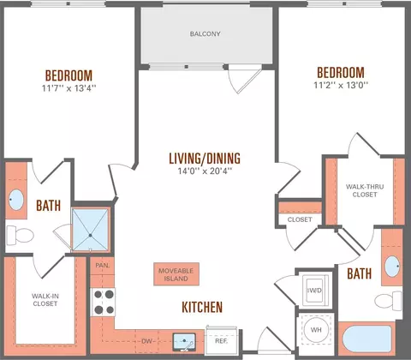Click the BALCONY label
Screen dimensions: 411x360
[205, 34]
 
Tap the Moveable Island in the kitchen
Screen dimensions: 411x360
[176, 274]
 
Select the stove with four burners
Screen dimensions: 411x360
[103, 302]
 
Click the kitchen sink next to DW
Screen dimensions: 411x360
[184, 342]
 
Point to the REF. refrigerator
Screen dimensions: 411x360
[221, 339]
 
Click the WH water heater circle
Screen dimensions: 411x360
[316, 330]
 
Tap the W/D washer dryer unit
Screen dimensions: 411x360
[315, 291]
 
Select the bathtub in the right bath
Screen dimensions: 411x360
[366, 339]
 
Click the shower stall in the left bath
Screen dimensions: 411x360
[90, 230]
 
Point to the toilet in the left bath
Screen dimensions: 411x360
[20, 235]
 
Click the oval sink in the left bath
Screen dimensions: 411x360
[16, 200]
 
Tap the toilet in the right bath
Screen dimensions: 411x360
[388, 301]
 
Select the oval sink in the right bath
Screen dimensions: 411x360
[392, 267]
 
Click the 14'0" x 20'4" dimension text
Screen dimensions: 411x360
[205, 171]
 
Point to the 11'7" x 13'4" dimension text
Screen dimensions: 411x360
[68, 88]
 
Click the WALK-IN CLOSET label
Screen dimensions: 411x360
[45, 300]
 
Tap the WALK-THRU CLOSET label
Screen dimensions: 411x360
[365, 190]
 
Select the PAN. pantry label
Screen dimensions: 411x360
[103, 266]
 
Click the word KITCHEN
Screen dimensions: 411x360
[202, 307]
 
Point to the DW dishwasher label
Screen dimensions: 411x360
[146, 341]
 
